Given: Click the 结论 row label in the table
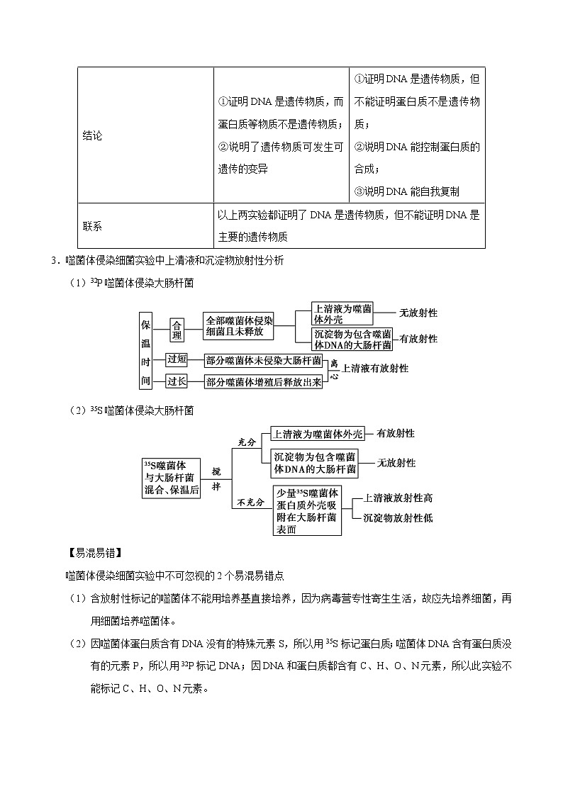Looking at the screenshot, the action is [93, 135].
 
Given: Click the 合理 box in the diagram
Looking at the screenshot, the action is [177, 331].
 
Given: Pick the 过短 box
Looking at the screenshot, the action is [177, 359].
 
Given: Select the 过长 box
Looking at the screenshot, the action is [177, 381].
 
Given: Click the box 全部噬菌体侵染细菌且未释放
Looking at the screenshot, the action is [238, 325].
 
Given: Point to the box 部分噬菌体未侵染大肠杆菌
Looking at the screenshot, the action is [263, 359].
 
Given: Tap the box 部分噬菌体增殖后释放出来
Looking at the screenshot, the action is [263, 382].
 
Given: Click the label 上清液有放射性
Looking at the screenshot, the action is [375, 369].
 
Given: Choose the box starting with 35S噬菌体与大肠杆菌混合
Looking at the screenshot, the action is [170, 478].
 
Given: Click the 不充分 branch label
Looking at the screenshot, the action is [250, 502].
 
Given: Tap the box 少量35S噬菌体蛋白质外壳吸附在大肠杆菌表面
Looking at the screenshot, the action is [307, 510].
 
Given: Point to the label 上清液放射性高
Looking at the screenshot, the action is [398, 498].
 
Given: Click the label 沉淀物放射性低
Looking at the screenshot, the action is [398, 518].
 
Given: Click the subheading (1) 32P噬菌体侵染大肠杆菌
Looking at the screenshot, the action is [131, 283].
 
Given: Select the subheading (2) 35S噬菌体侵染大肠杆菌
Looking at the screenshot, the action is [131, 410].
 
